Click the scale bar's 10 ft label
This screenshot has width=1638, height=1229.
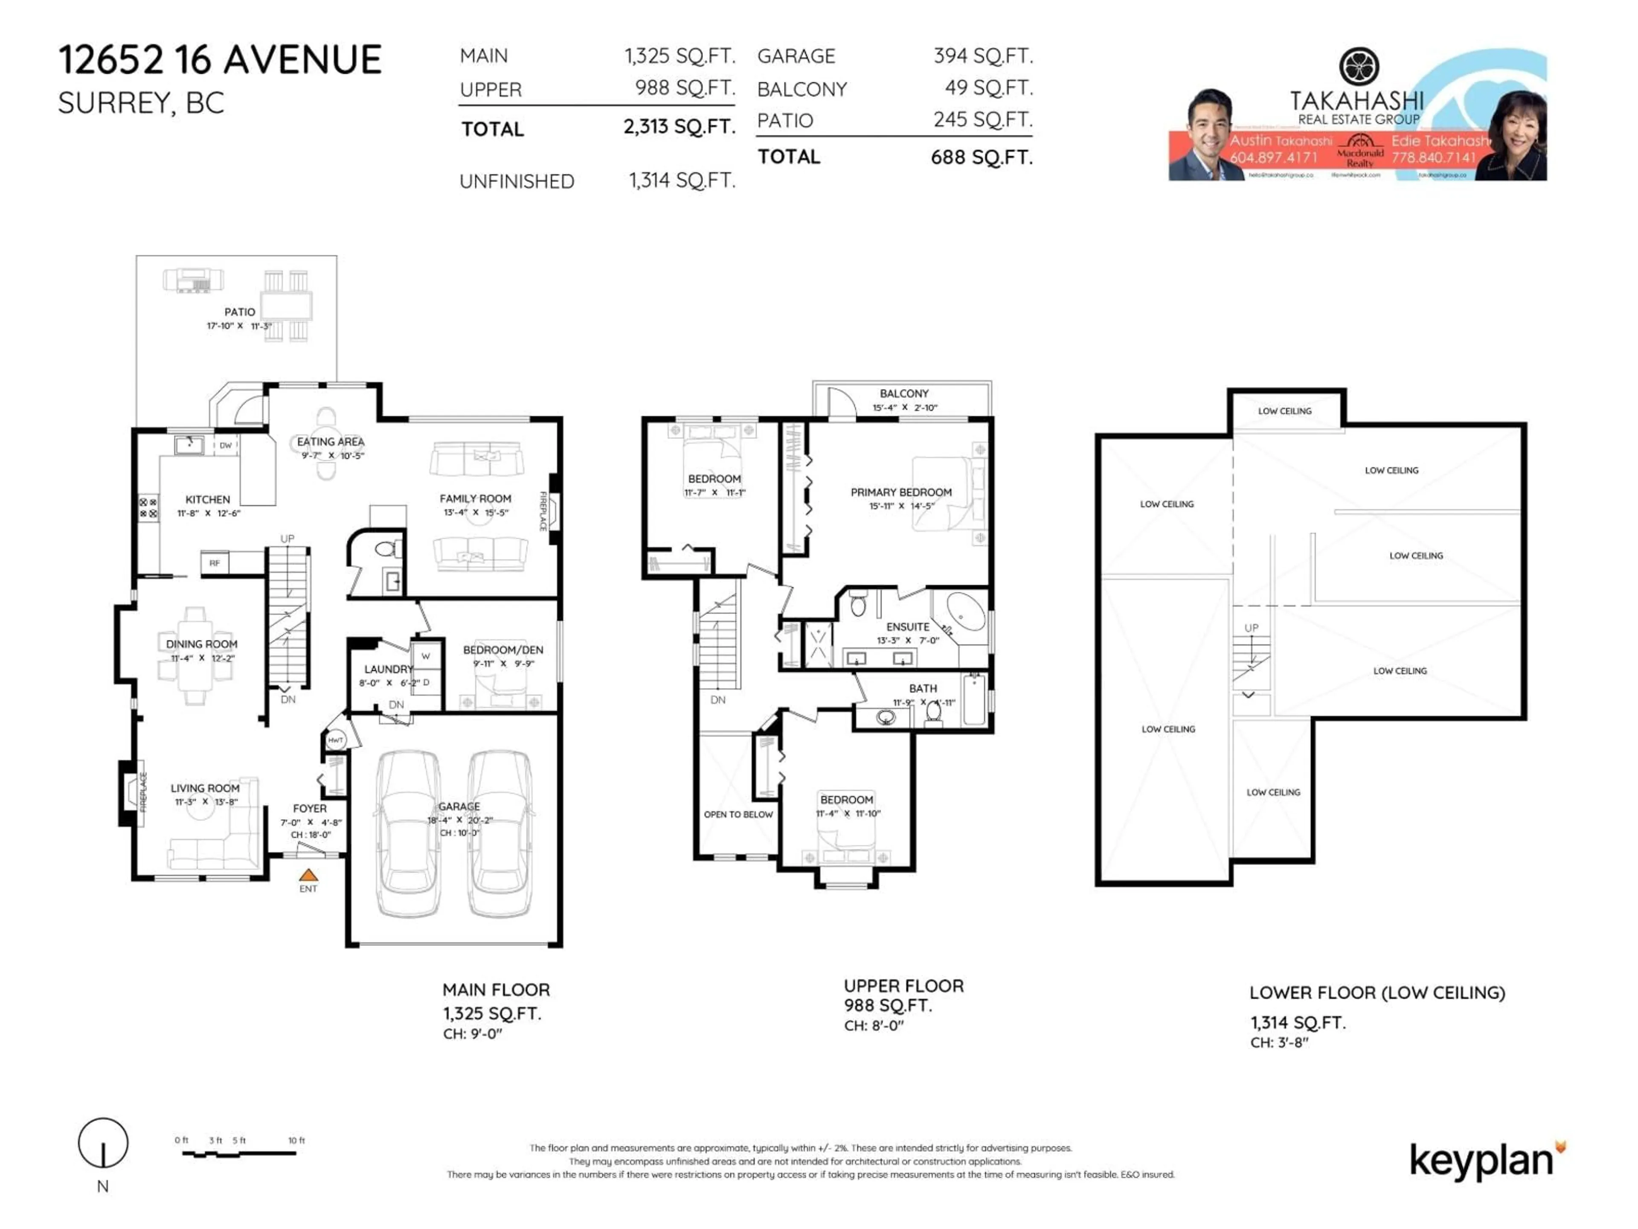(296, 1140)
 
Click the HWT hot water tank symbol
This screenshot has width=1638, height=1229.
(335, 740)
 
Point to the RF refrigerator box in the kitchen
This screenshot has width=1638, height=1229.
(215, 563)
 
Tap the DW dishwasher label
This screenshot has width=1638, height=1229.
(225, 445)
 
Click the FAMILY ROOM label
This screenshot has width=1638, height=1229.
(476, 498)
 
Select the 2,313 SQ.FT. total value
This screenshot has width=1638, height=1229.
(679, 127)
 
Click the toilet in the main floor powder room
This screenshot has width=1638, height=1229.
(384, 549)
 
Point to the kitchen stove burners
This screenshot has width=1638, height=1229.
(148, 507)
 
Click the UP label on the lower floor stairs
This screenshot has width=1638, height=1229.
(1251, 627)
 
